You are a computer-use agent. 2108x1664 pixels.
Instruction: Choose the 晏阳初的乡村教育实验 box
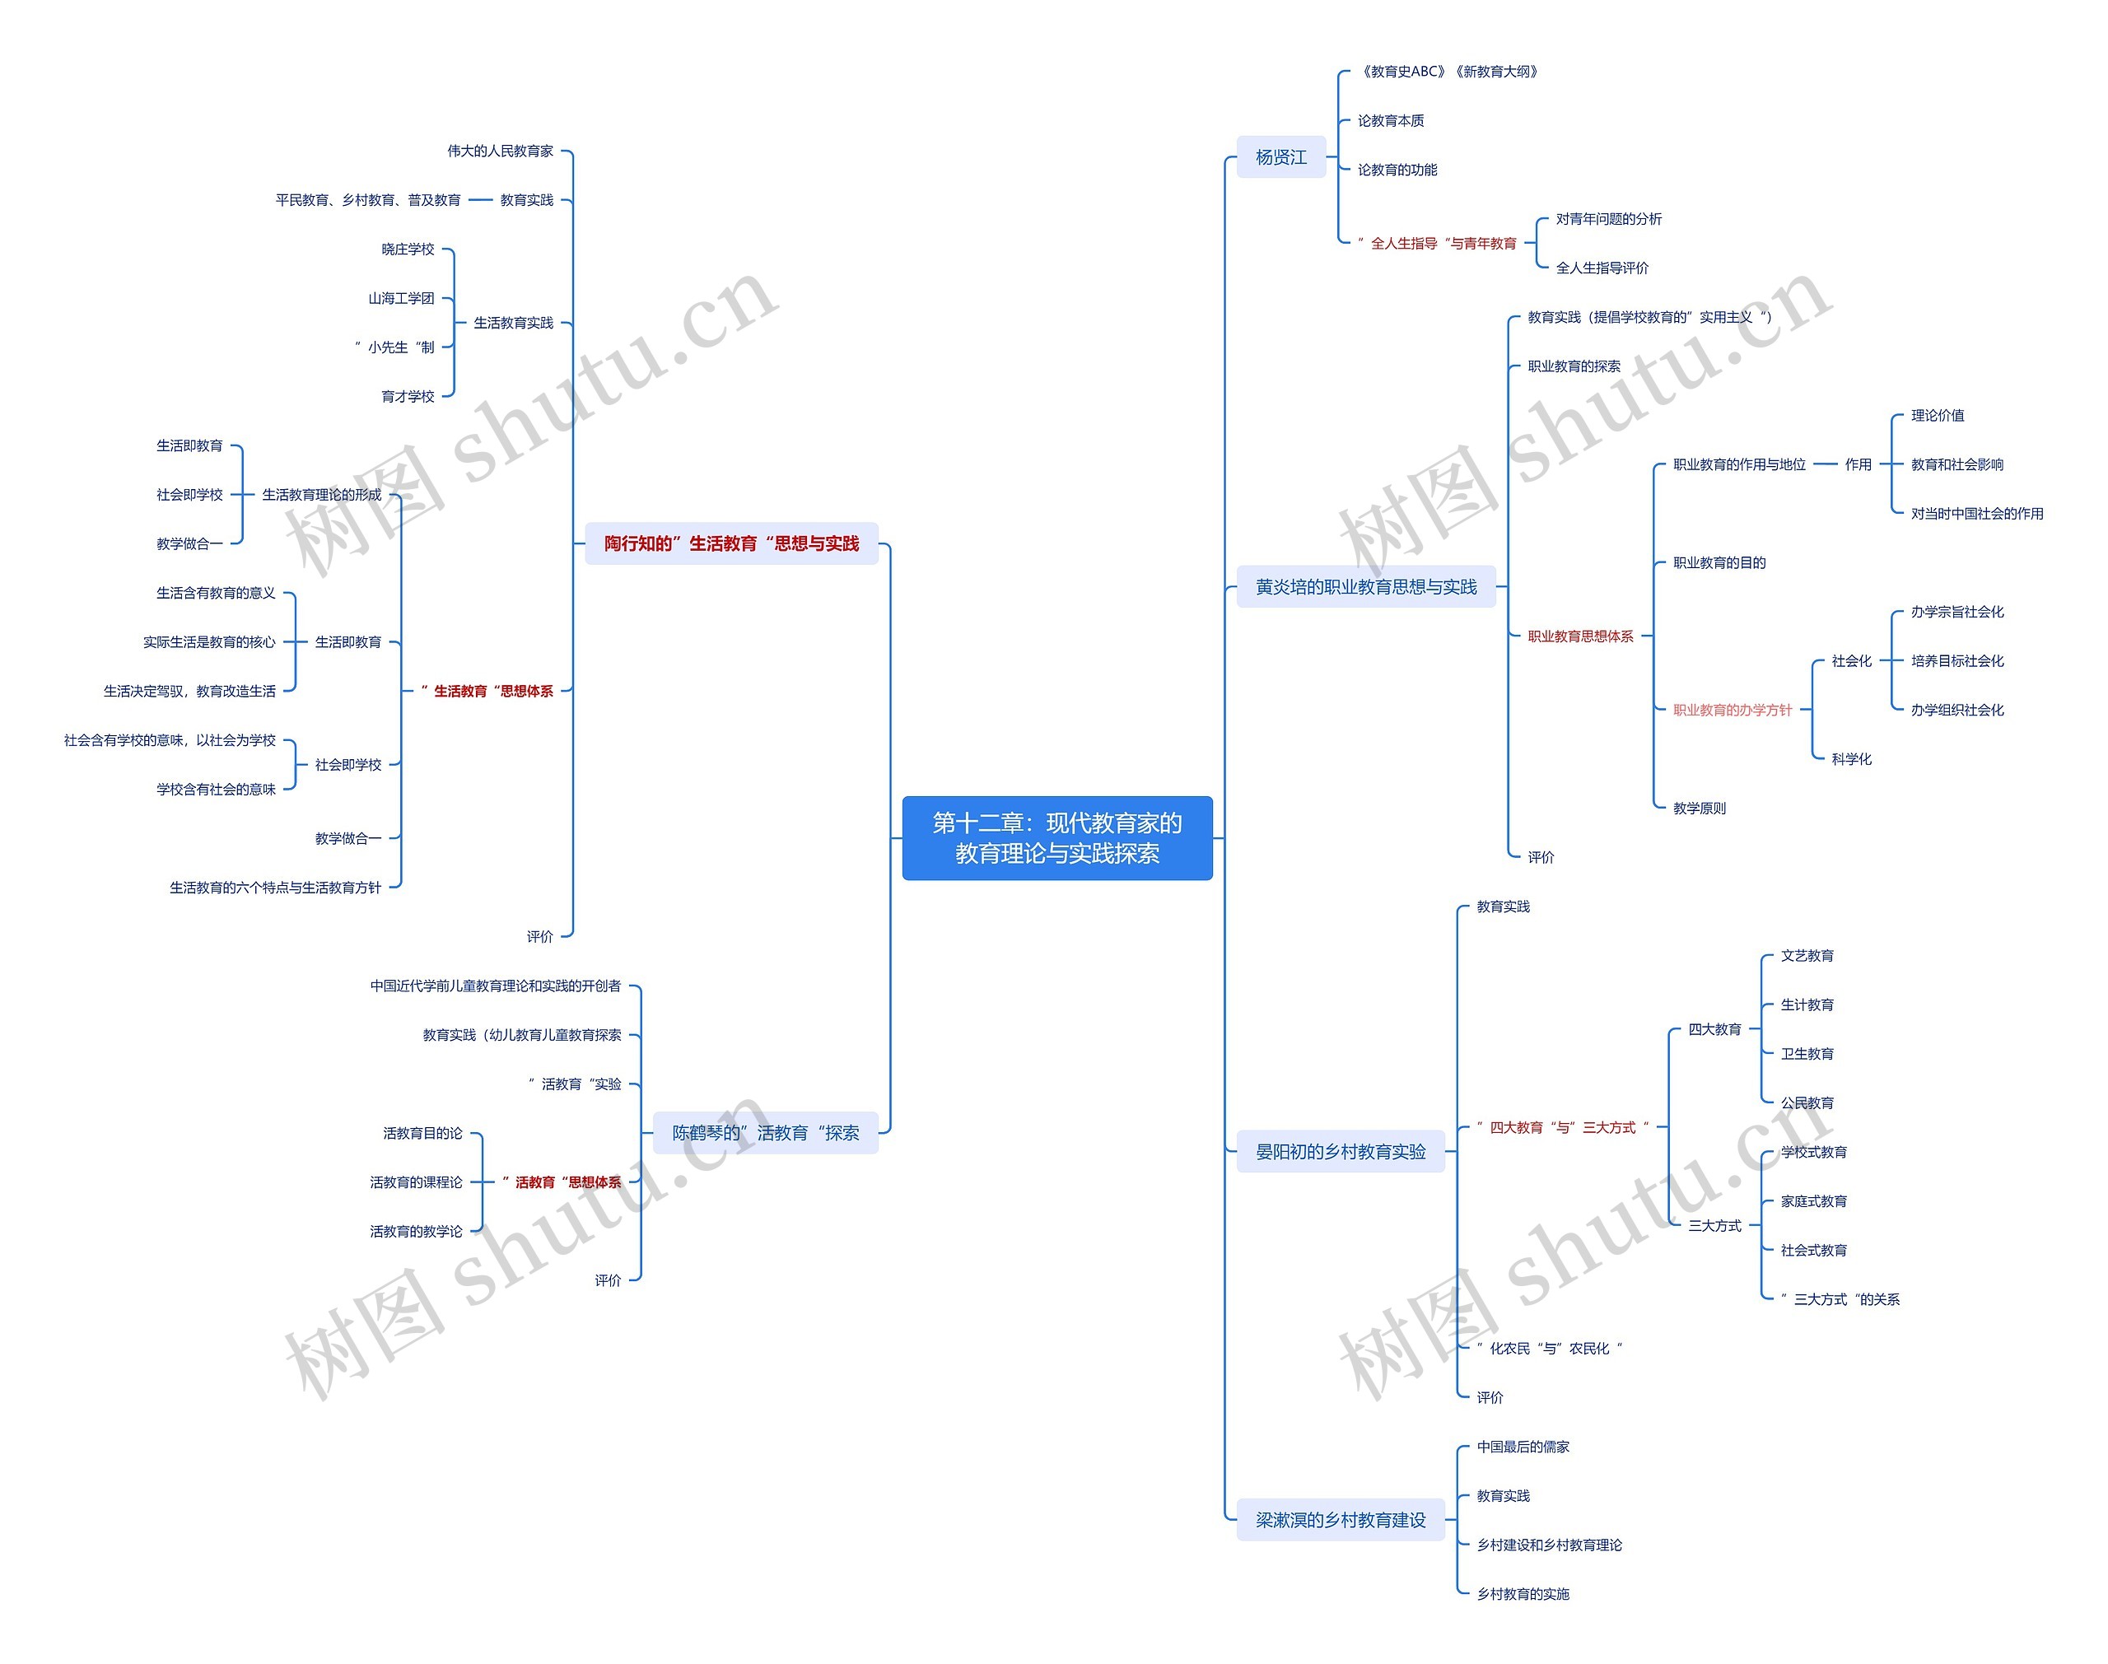[1340, 1152]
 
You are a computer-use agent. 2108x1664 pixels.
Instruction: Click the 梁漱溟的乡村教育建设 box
[1340, 1520]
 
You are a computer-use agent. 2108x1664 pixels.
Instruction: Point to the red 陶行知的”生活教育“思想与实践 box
[730, 543]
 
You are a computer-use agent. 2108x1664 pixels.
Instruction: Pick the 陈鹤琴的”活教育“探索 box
[765, 1133]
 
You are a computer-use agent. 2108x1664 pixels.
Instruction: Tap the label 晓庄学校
[407, 249]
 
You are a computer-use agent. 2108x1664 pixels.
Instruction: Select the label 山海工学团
[400, 298]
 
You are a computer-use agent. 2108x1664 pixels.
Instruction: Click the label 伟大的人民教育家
[500, 151]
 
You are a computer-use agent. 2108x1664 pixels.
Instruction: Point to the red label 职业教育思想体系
[1580, 636]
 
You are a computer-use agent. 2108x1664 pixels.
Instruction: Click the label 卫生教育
[1807, 1054]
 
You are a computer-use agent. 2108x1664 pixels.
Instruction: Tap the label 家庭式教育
[1813, 1201]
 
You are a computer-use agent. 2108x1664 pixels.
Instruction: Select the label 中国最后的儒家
[1523, 1447]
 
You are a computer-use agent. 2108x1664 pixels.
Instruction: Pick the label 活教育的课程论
[416, 1182]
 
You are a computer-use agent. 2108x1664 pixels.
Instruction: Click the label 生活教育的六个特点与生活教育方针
[275, 888]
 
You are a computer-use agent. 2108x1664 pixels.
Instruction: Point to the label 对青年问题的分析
[1608, 219]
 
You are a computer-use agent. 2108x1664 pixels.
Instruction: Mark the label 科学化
[1851, 759]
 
